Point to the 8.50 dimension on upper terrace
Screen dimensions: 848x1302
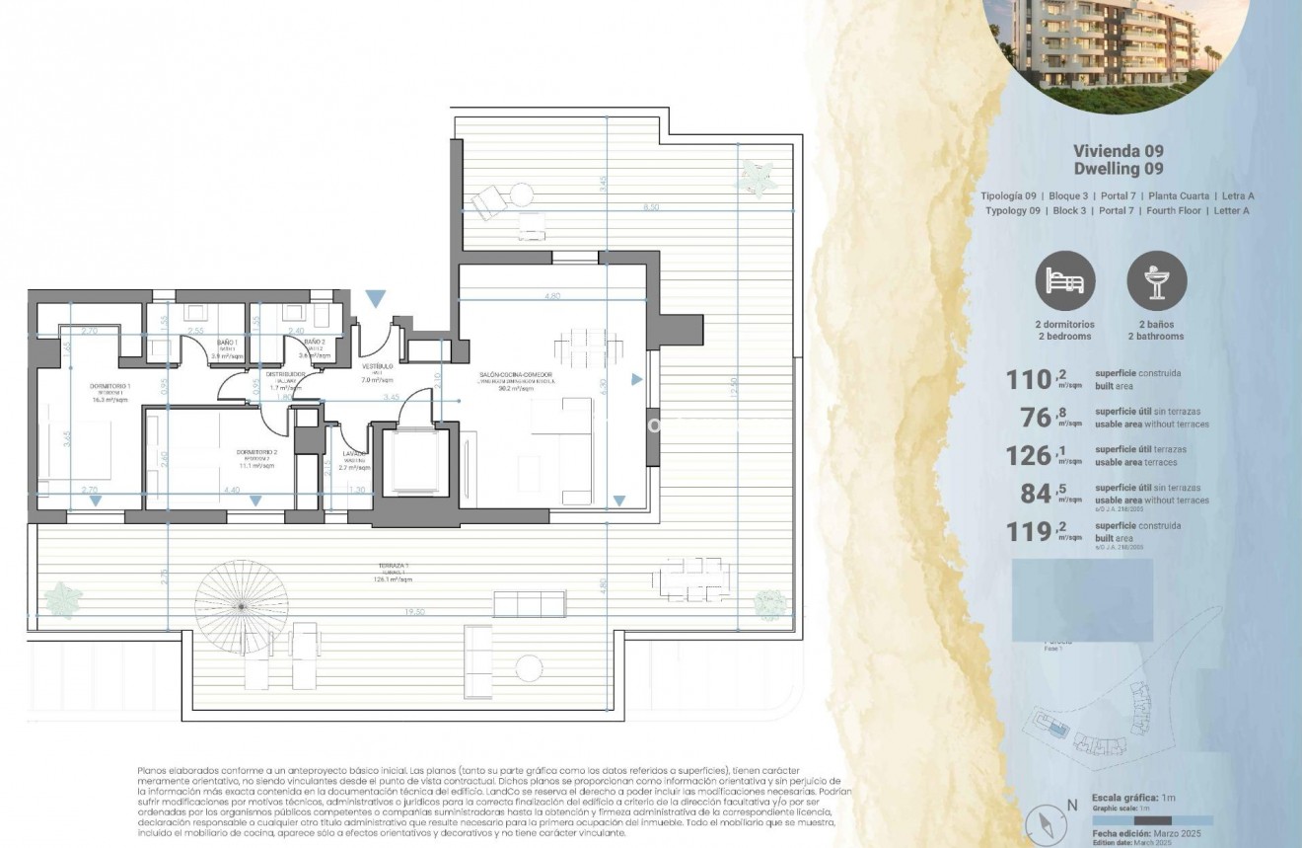[651, 207]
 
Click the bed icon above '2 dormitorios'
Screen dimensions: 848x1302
[1065, 281]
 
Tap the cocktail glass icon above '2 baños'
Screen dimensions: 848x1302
[1157, 281]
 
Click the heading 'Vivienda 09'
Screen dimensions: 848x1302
[1118, 151]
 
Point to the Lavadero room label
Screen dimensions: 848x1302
[354, 455]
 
